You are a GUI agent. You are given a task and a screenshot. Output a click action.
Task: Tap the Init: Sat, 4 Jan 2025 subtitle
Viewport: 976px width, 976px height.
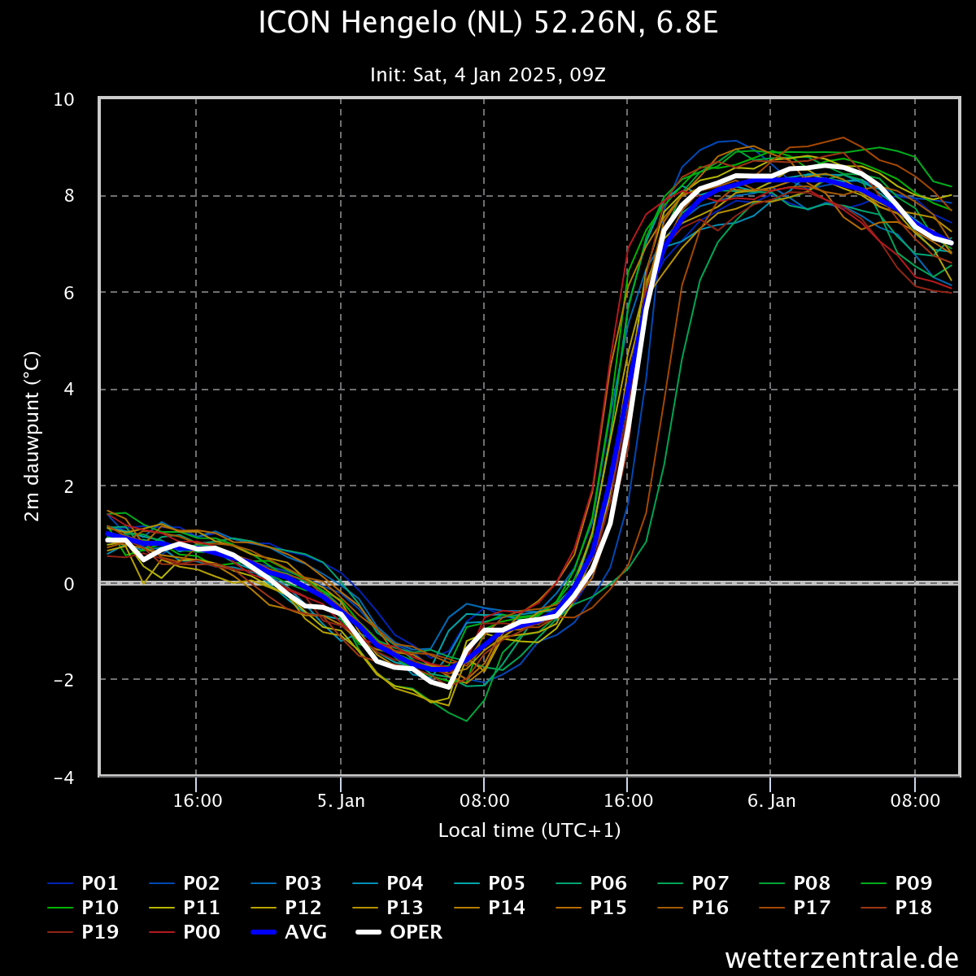[x=488, y=75]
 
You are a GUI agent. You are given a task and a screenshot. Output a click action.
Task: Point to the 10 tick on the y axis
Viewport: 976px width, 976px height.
[x=63, y=99]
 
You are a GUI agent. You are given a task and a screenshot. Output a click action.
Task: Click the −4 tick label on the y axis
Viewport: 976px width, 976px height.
[x=63, y=778]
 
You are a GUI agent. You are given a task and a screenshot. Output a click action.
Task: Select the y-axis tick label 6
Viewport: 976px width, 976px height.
[x=69, y=293]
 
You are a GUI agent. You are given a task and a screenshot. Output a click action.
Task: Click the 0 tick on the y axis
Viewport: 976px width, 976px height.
[x=69, y=584]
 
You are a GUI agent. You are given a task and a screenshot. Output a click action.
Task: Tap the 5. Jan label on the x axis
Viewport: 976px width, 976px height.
[x=341, y=801]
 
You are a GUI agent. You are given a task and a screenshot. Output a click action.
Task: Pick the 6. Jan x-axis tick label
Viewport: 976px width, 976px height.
[x=771, y=801]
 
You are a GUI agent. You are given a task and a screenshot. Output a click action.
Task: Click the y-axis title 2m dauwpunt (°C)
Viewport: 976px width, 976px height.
[x=32, y=437]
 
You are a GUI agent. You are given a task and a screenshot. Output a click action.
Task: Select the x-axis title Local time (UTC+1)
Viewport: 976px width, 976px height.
[x=529, y=830]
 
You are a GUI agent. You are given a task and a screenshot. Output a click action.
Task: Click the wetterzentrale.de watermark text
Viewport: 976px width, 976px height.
[x=842, y=957]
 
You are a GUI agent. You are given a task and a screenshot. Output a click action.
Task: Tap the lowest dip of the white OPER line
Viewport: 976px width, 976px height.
[x=448, y=686]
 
